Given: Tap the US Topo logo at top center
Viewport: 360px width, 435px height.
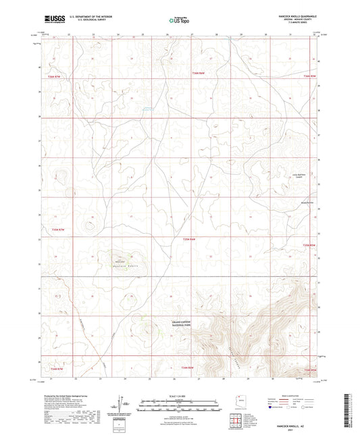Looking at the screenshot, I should coord(178,20).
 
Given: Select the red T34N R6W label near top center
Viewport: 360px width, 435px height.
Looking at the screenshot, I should coord(197,72).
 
